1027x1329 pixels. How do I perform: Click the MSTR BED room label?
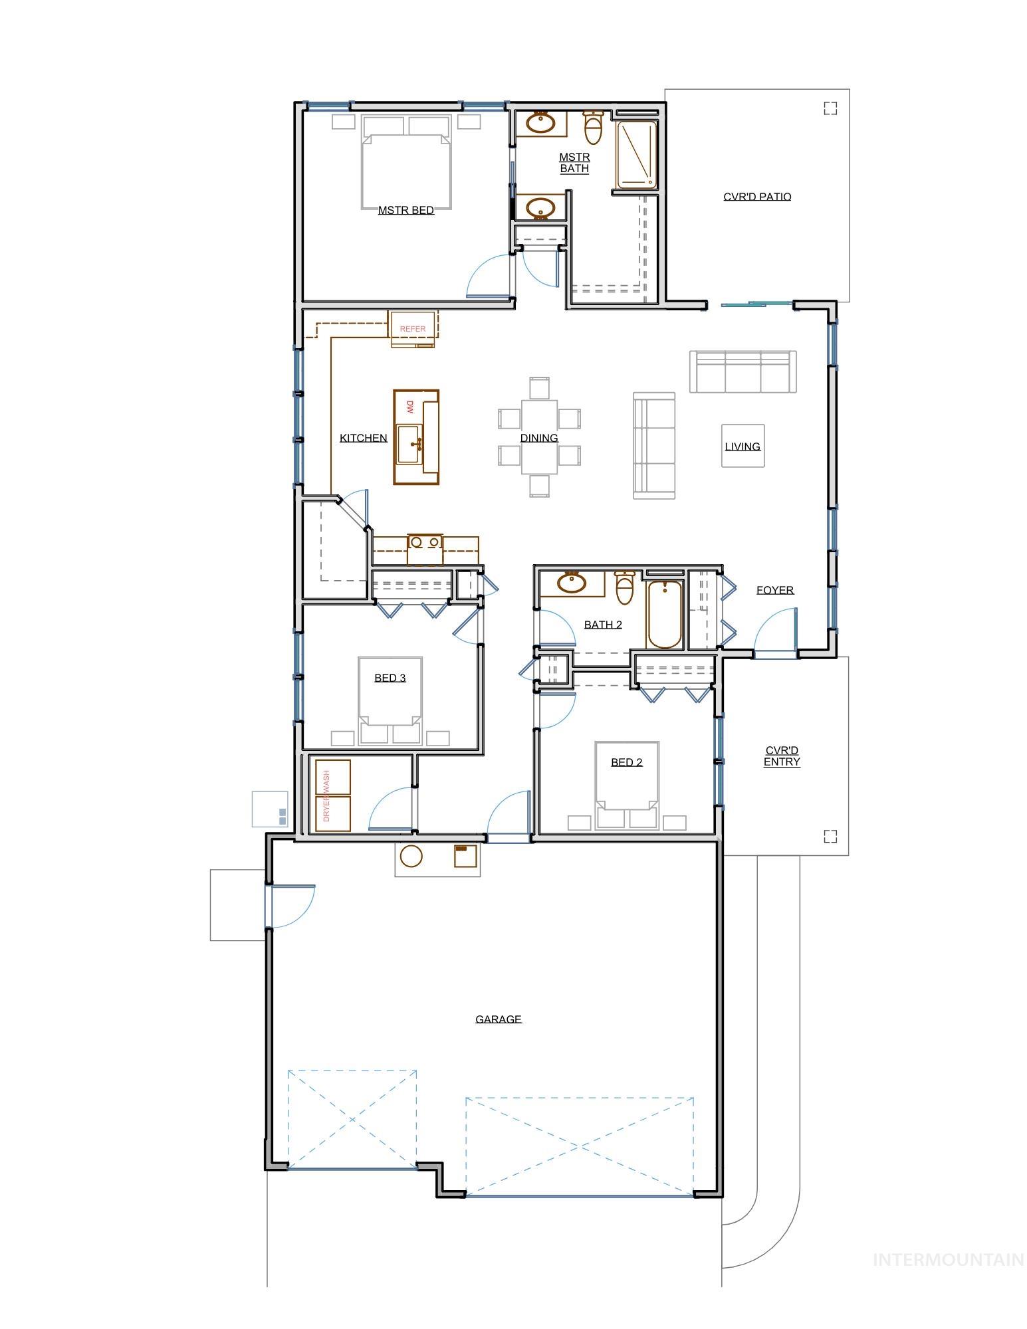[x=405, y=210]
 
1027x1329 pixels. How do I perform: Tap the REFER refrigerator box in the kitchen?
[x=412, y=328]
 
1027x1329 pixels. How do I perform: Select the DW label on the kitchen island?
[x=410, y=407]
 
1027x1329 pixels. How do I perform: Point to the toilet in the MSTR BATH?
[x=593, y=128]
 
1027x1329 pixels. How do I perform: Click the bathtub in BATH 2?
[x=664, y=614]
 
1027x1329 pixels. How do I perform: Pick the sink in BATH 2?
[x=571, y=583]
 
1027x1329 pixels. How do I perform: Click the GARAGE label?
[x=498, y=1019]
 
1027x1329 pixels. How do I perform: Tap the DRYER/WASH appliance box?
[x=332, y=795]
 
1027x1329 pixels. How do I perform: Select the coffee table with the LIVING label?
[x=742, y=446]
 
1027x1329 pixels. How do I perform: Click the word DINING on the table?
[x=538, y=438]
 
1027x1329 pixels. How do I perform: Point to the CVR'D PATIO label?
[x=756, y=197]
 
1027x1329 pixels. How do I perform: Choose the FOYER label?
[x=774, y=590]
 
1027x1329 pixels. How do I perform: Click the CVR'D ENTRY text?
[x=781, y=756]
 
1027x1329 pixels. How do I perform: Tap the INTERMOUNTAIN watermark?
[x=948, y=1260]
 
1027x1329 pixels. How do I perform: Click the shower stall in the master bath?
[x=636, y=154]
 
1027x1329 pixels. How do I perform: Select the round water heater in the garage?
[x=411, y=857]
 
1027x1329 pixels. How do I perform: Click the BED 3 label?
[x=390, y=678]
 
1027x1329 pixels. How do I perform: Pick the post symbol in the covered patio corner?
[x=830, y=108]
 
